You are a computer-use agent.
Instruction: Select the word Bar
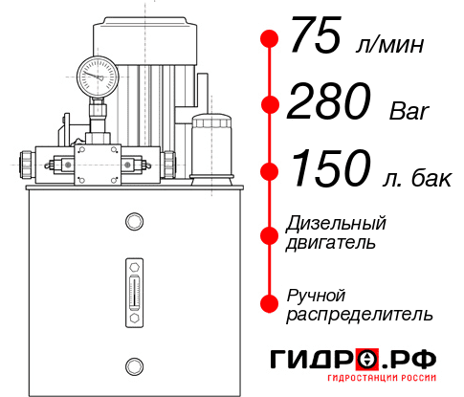point(409,111)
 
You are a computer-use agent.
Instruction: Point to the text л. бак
point(414,177)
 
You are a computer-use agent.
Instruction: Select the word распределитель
point(360,313)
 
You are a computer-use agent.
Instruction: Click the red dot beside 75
point(270,39)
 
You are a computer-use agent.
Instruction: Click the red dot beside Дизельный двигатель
point(270,232)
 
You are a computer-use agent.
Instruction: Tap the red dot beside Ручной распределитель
point(270,302)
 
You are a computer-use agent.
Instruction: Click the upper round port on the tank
point(134,222)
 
